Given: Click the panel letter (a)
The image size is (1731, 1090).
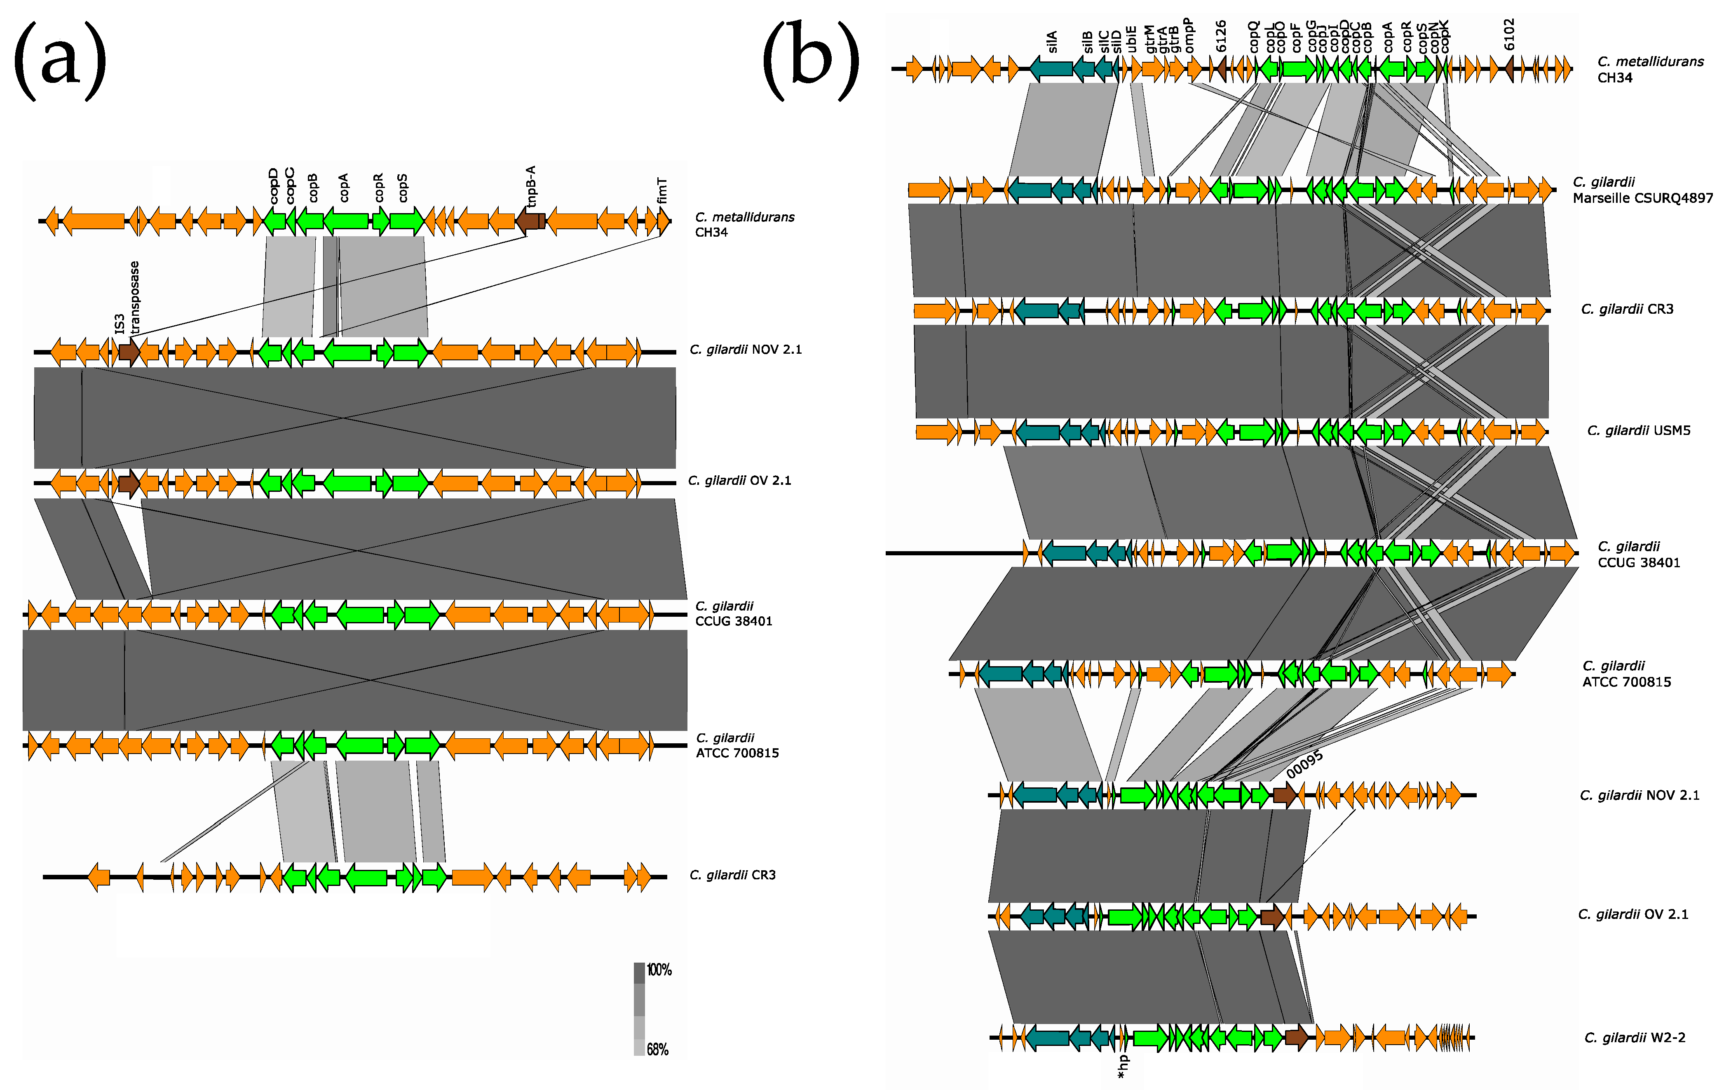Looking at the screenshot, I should [x=60, y=61].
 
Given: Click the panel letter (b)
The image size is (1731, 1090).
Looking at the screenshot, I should [x=811, y=61].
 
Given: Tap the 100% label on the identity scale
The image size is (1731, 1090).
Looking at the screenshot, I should [x=659, y=970].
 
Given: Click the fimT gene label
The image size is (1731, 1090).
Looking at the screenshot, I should [x=662, y=190].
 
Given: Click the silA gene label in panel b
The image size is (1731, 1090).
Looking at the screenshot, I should [x=1052, y=42].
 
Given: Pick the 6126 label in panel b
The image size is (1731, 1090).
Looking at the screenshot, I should [x=1221, y=36].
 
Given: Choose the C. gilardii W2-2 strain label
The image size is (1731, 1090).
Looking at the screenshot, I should [x=1635, y=1038].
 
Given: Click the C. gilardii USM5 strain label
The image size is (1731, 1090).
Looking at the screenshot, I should [x=1638, y=431].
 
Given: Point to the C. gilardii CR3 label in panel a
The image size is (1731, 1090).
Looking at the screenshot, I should [x=732, y=875].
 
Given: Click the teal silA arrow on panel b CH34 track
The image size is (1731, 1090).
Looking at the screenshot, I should [x=1051, y=69].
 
